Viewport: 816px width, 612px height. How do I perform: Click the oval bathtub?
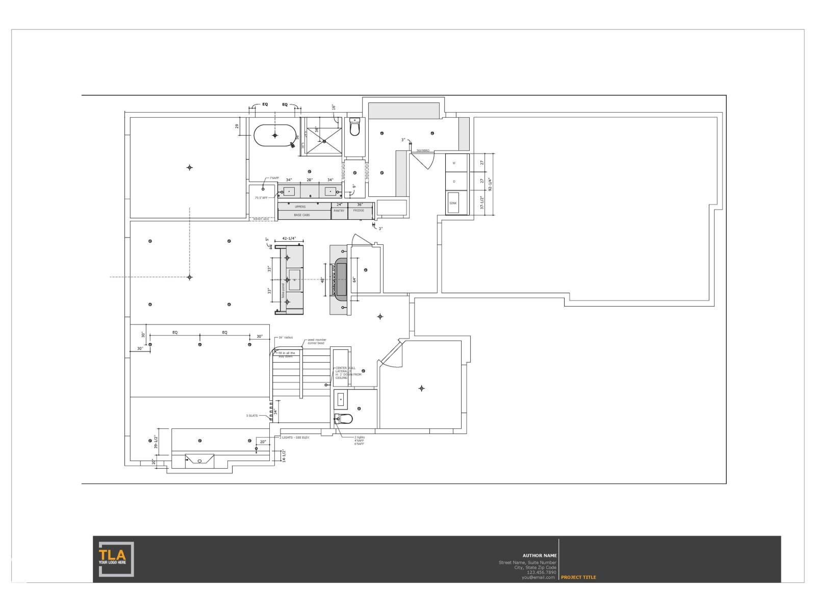275,135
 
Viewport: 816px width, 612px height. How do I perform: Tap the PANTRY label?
339,211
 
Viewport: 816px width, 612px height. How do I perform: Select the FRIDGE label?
359,211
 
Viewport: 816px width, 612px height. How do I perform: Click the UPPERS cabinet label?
300,207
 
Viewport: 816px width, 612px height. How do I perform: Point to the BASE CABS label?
301,215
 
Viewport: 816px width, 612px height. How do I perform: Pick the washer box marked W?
454,163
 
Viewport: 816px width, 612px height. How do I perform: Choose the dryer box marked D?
454,182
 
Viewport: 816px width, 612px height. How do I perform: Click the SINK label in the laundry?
453,203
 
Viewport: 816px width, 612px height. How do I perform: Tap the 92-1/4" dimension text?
489,184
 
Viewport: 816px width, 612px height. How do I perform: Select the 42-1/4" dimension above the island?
289,239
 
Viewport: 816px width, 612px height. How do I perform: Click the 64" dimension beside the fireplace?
353,279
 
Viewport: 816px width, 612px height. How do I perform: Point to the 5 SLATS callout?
252,416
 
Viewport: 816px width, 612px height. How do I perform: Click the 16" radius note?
286,338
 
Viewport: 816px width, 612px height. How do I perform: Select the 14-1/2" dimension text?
284,455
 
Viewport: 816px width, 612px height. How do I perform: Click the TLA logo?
116,559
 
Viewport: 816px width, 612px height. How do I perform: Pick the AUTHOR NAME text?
540,555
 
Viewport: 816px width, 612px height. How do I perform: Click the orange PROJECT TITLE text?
578,577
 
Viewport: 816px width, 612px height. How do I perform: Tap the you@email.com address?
538,577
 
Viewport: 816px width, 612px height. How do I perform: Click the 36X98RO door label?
423,151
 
